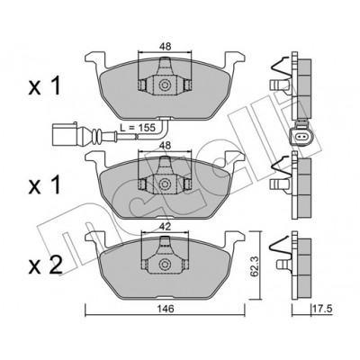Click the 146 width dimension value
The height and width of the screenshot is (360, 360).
[165, 309]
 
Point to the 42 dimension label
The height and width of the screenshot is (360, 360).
[165, 227]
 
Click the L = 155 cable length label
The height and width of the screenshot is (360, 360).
[137, 128]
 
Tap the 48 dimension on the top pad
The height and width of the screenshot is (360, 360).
[165, 47]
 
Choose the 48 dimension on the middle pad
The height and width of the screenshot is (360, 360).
[165, 146]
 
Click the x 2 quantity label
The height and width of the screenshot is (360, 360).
[45, 265]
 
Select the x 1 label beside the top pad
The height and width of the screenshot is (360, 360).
[45, 85]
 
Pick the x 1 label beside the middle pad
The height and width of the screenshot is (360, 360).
[45, 184]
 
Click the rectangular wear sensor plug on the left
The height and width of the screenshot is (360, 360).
[64, 134]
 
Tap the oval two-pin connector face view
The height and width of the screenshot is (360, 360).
[301, 137]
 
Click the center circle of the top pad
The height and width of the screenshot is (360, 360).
[164, 85]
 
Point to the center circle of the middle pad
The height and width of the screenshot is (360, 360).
[164, 184]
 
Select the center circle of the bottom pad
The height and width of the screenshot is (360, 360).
[164, 265]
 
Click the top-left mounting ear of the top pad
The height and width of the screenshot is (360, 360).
[95, 59]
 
